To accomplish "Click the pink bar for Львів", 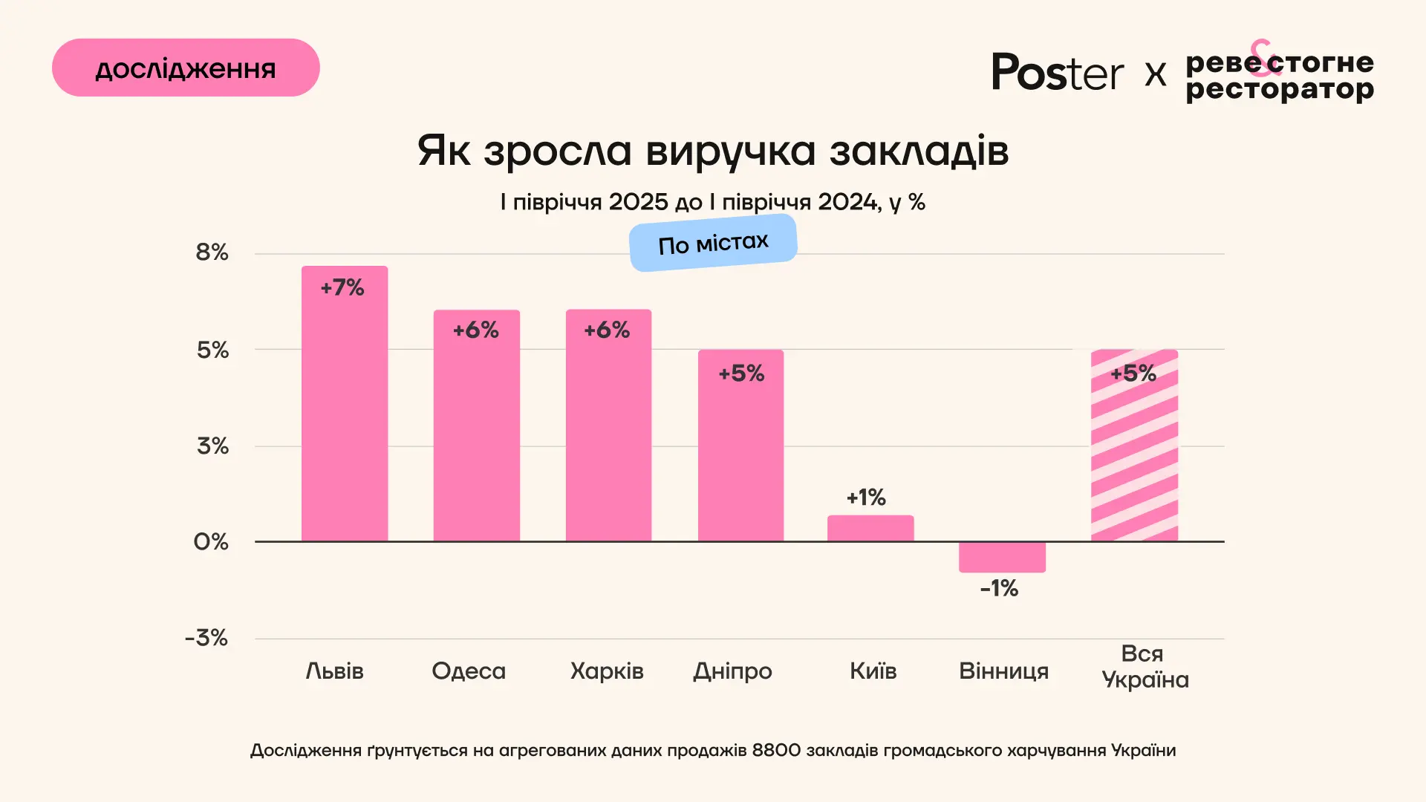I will (x=344, y=416).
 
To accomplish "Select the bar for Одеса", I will (x=476, y=438).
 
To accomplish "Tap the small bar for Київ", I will (x=870, y=528).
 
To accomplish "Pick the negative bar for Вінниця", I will (x=1002, y=557).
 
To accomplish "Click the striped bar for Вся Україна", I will (x=1134, y=453).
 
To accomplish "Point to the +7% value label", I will (x=342, y=287).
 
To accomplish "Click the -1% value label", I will (x=999, y=589).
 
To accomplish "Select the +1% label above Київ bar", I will (x=866, y=498).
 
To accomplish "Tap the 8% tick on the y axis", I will (x=212, y=252).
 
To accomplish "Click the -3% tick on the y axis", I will (x=206, y=638).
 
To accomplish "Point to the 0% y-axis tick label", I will (x=211, y=542).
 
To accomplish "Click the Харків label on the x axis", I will (x=607, y=671).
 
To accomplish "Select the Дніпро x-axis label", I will (x=732, y=671).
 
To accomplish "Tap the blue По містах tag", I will (x=713, y=243).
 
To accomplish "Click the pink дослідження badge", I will (x=186, y=68).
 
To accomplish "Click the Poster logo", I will (x=1057, y=73).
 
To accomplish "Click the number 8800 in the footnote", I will (x=776, y=751).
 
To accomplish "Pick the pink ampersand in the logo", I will (x=1264, y=58).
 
